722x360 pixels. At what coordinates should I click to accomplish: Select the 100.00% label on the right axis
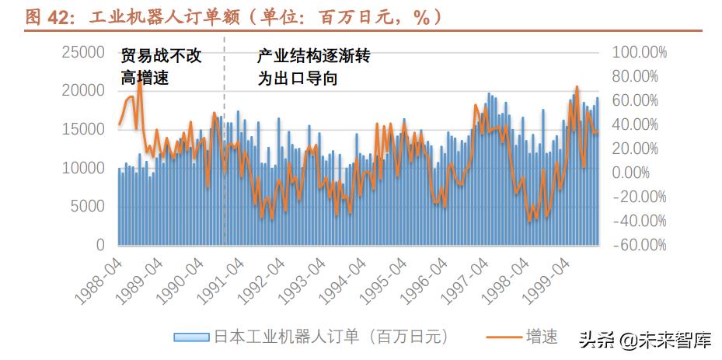coord(640,52)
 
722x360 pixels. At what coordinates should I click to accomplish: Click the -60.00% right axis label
coord(640,245)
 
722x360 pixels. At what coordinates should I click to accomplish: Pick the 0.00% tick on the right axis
coord(646,173)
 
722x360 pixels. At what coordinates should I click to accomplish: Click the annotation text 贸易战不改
coord(161,57)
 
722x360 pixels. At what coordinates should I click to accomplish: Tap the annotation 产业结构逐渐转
coord(314,57)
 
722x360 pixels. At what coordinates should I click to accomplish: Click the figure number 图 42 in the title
coord(45,17)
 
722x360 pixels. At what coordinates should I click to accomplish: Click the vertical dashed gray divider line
coord(224,140)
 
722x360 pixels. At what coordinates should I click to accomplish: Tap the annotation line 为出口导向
coord(298,79)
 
